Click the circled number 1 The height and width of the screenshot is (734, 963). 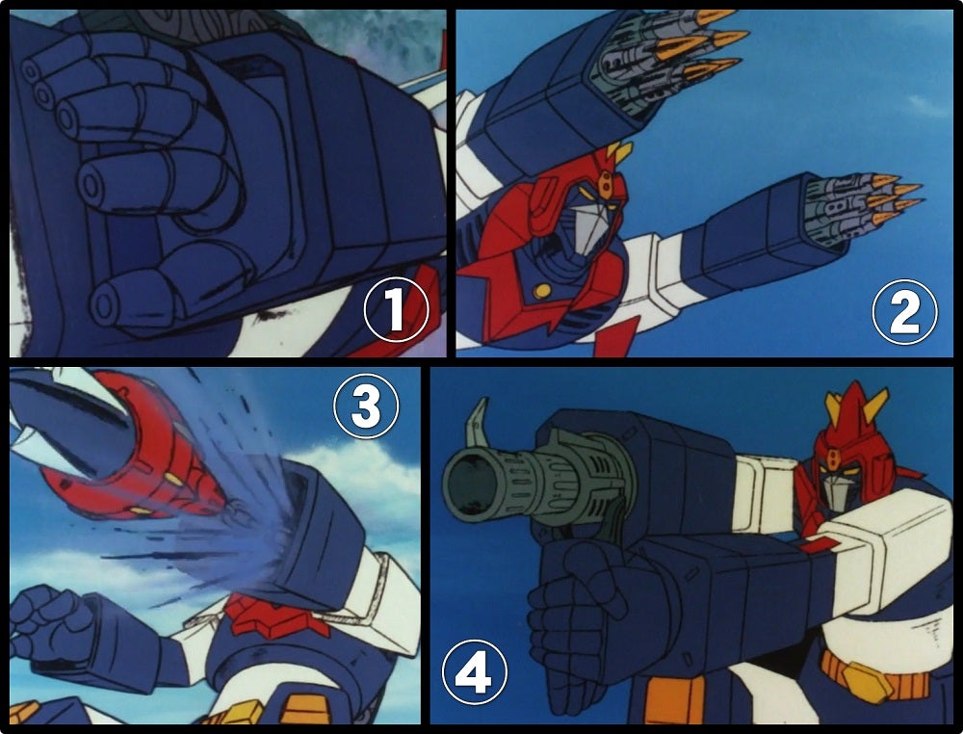pos(396,309)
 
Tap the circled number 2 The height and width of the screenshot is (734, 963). pos(904,311)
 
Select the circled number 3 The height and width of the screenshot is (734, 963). pos(366,406)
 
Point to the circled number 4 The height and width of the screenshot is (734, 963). pos(475,671)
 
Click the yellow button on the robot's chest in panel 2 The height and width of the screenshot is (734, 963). pos(541,291)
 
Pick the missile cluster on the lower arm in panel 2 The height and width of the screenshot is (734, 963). pos(860,209)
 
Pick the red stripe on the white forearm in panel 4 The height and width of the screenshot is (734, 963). pos(820,543)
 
